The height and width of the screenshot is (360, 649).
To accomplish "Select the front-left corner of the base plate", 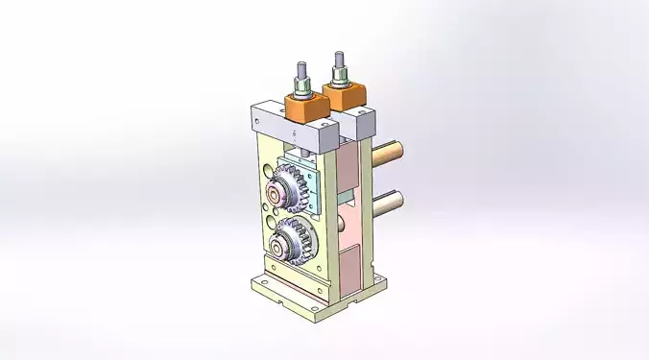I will pyautogui.click(x=257, y=286).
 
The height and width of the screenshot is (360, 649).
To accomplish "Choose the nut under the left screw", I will pyautogui.click(x=303, y=91).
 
